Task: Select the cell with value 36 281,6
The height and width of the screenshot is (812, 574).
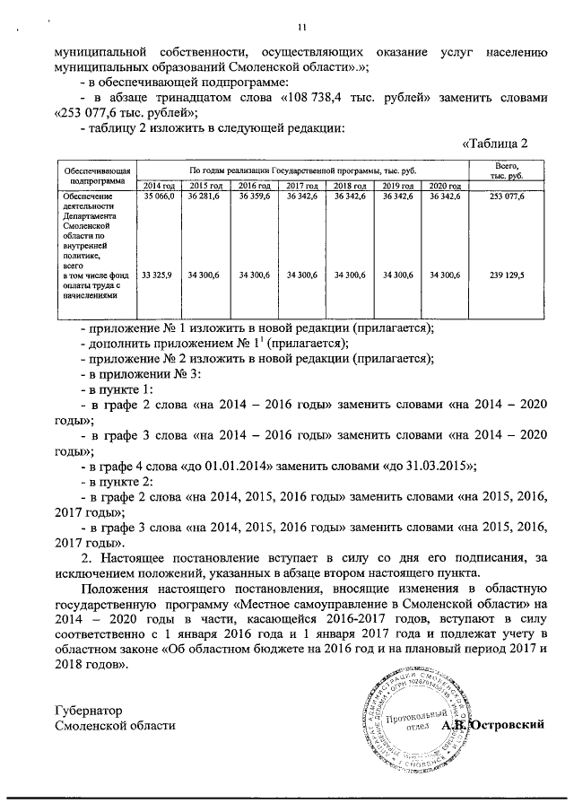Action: pyautogui.click(x=205, y=195)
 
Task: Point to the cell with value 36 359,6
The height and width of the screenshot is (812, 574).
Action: pyautogui.click(x=254, y=195)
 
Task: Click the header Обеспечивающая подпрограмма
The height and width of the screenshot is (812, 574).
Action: pyautogui.click(x=93, y=173)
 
